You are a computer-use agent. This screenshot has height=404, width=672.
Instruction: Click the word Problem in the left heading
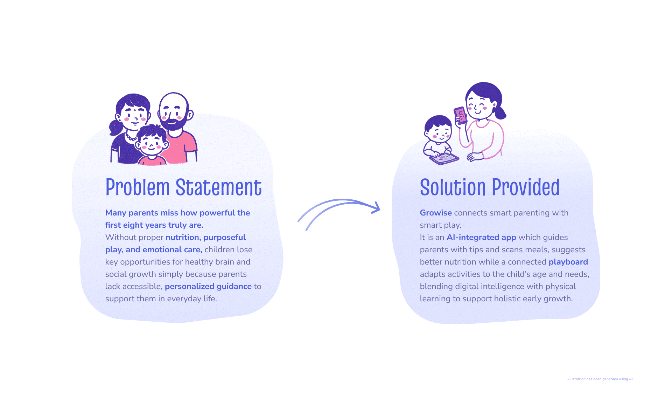[x=138, y=187]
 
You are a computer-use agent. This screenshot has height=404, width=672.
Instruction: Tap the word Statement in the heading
[x=218, y=187]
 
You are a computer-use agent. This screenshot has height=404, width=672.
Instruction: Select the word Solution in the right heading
[x=453, y=187]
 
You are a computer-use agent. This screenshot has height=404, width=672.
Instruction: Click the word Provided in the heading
[x=526, y=187]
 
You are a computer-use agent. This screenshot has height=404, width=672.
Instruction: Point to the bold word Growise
[x=436, y=213]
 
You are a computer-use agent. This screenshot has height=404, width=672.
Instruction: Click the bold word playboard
[x=568, y=262]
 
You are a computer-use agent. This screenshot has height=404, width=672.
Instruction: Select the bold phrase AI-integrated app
[x=481, y=237]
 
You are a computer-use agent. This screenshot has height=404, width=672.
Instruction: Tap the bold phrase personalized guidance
[x=208, y=286]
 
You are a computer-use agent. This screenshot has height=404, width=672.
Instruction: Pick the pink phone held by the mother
[x=461, y=115]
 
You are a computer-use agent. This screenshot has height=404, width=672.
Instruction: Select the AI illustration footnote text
[x=600, y=379]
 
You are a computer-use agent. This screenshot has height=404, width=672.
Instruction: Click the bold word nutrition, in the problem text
[x=183, y=237]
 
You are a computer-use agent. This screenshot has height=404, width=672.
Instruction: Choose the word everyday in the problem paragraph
[x=184, y=299]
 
